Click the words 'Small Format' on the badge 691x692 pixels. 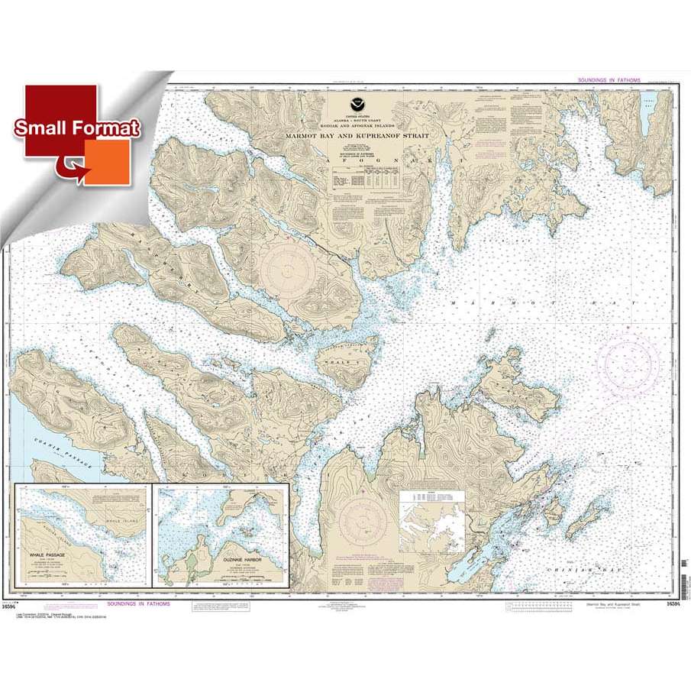[75, 128]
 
